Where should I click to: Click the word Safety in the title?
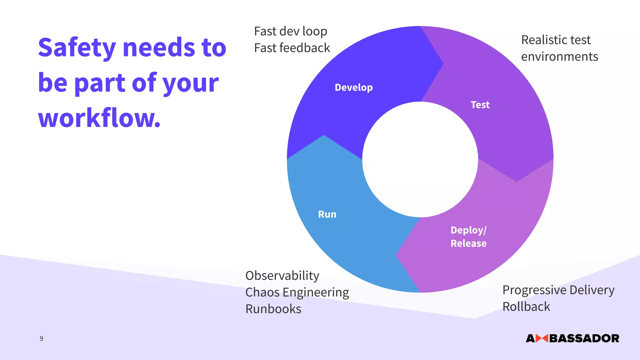click(x=77, y=48)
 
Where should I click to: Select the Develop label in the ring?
click(x=353, y=87)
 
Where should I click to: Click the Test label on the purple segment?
click(x=480, y=105)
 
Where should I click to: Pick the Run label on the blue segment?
click(x=327, y=214)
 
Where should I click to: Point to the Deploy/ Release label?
click(x=468, y=237)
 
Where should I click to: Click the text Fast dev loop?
click(x=290, y=31)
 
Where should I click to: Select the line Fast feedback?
click(x=292, y=48)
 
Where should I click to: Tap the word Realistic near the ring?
click(x=543, y=40)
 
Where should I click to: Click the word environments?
click(x=559, y=57)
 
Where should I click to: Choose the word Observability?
click(x=282, y=276)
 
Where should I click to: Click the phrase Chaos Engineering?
click(x=297, y=292)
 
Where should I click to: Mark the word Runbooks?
click(x=273, y=309)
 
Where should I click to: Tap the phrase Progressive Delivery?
click(x=558, y=290)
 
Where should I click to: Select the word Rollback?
click(x=526, y=307)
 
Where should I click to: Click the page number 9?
click(x=41, y=338)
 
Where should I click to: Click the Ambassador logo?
click(x=572, y=338)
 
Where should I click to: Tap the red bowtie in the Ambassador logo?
click(x=542, y=338)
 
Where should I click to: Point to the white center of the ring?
click(x=420, y=159)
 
